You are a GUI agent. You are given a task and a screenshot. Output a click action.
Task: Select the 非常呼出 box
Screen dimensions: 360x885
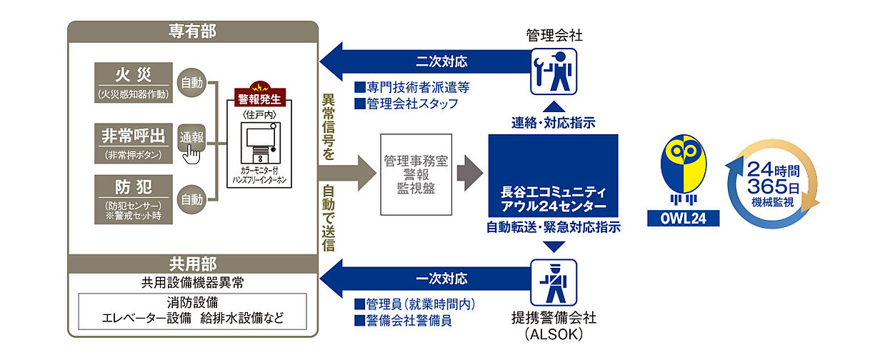tap(134, 141)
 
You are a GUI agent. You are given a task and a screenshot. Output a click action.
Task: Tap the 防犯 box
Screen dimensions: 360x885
tap(134, 199)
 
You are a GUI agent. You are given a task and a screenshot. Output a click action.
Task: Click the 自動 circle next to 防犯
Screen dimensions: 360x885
tap(191, 199)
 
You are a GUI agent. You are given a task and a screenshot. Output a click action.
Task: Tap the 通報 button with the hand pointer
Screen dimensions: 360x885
tap(191, 139)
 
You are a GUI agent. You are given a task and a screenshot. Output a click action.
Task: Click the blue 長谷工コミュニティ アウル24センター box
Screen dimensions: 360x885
tap(553, 176)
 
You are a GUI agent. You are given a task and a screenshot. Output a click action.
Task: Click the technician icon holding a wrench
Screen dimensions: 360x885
tap(554, 71)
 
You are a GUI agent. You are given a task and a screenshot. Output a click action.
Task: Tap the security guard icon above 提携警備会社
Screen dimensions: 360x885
tap(554, 282)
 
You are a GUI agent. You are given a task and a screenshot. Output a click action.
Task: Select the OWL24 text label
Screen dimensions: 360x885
tap(682, 218)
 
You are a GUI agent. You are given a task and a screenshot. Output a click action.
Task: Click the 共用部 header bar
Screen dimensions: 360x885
tap(193, 263)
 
